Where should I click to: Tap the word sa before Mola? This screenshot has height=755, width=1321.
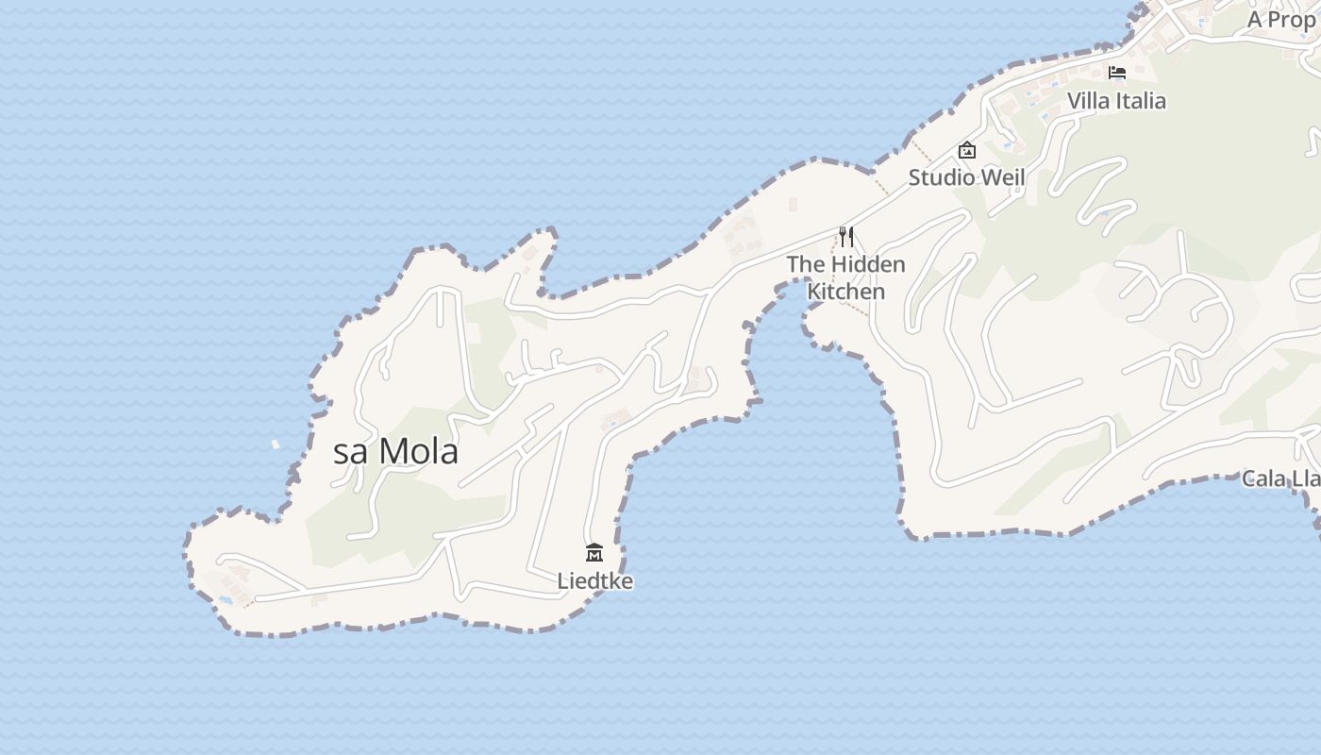(x=350, y=453)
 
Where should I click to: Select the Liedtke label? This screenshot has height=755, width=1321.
(x=594, y=581)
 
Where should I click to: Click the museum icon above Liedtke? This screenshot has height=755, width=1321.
(x=594, y=552)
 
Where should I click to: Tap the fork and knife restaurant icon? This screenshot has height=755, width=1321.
(x=846, y=236)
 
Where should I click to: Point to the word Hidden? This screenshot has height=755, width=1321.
(x=868, y=264)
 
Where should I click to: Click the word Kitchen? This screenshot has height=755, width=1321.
(x=846, y=292)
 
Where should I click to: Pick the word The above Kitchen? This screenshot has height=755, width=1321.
(x=806, y=264)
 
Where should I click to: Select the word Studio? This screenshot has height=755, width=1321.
(x=941, y=177)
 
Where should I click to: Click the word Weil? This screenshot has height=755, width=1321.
(x=1003, y=177)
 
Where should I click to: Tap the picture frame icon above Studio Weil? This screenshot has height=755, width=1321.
(x=966, y=150)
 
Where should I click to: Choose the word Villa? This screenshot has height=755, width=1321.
(x=1090, y=101)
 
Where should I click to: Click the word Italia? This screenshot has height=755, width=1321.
(x=1142, y=101)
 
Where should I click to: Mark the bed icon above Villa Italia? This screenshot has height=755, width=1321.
(x=1117, y=73)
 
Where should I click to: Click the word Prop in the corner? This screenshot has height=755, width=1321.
(x=1292, y=20)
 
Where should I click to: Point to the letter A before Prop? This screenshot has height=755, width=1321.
(x=1255, y=20)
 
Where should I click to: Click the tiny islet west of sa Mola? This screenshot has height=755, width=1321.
(x=276, y=444)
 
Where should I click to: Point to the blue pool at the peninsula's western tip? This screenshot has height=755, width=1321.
(x=226, y=598)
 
